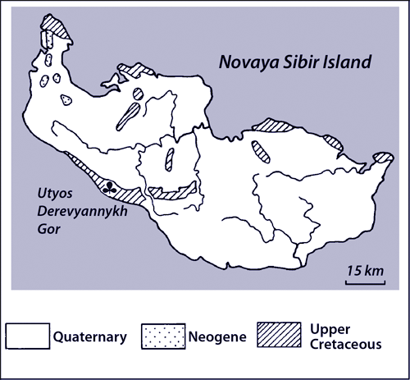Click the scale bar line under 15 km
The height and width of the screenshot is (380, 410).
[x=363, y=283]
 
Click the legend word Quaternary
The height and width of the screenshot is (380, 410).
[x=89, y=335]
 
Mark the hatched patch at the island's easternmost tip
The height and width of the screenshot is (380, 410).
[x=381, y=157]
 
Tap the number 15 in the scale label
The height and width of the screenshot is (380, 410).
[x=353, y=270]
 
